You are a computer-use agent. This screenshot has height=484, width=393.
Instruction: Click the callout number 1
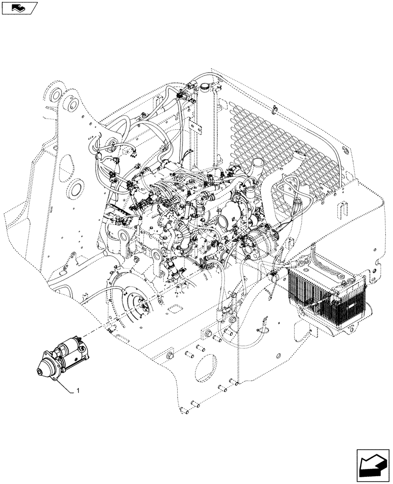coord(77,390)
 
